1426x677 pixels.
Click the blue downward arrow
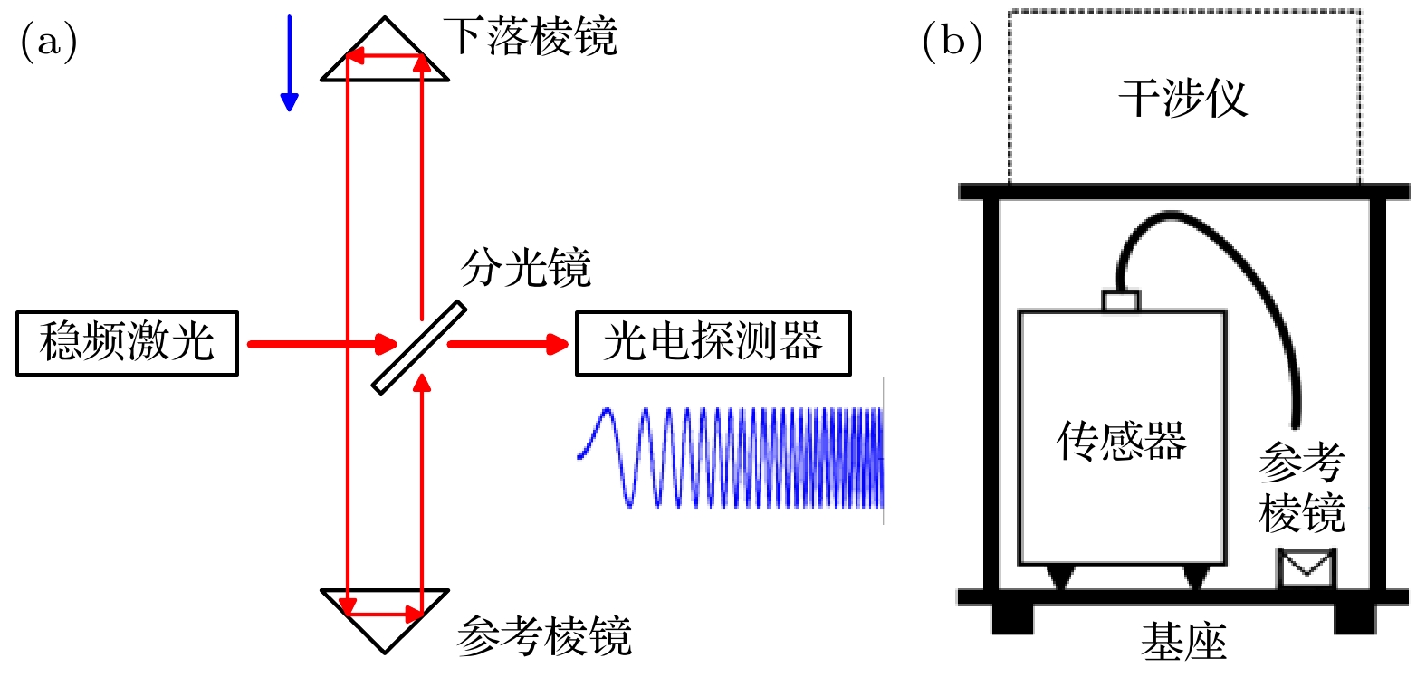pyautogui.click(x=290, y=63)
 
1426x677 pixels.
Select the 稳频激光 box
pyautogui.click(x=127, y=343)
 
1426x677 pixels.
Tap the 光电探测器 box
pyautogui.click(x=713, y=343)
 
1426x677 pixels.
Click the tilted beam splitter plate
pyautogui.click(x=419, y=347)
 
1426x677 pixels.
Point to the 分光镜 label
pyautogui.click(x=525, y=269)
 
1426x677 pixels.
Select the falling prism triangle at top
pyautogui.click(x=385, y=54)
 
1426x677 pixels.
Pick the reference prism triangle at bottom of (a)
pyautogui.click(x=385, y=615)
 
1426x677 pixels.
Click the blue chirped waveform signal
pyautogui.click(x=733, y=457)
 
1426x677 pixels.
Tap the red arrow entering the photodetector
pyautogui.click(x=507, y=344)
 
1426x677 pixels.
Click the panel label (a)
pyautogui.click(x=49, y=42)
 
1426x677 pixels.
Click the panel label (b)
pyautogui.click(x=952, y=42)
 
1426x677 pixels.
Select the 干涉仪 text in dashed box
pyautogui.click(x=1182, y=98)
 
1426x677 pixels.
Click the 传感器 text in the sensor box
pyautogui.click(x=1121, y=441)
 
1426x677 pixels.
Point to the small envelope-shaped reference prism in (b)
pyautogui.click(x=1306, y=568)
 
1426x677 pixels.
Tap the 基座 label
pyautogui.click(x=1182, y=642)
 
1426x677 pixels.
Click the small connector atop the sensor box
pyautogui.click(x=1121, y=300)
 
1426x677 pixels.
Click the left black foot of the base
pyautogui.click(x=1012, y=618)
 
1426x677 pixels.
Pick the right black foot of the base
pyautogui.click(x=1354, y=618)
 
